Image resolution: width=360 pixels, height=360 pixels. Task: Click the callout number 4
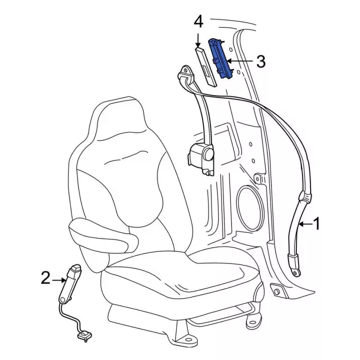(x=199, y=22)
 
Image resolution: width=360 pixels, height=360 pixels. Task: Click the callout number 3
(x=260, y=61)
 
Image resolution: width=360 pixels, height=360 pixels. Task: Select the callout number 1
(x=317, y=224)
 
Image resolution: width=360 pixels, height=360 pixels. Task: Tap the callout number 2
(x=46, y=278)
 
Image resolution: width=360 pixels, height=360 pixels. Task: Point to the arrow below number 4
(x=198, y=40)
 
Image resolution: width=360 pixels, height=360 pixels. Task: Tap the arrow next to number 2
(x=59, y=280)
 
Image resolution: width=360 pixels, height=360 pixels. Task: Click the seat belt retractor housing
(x=201, y=159)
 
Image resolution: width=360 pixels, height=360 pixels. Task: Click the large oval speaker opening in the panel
(x=250, y=208)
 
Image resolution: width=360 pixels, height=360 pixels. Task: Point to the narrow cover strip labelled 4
(x=206, y=67)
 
